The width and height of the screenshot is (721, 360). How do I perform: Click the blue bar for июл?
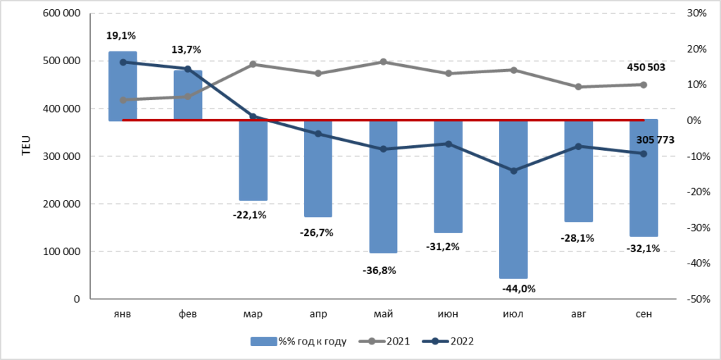[513, 199]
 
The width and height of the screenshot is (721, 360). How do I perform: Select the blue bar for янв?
[123, 86]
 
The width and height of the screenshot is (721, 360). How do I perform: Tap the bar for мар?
[253, 160]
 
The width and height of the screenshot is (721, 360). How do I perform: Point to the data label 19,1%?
[123, 35]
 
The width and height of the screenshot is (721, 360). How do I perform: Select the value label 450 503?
[646, 67]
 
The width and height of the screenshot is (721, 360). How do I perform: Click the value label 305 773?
[656, 139]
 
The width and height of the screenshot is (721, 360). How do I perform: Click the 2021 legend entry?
[385, 341]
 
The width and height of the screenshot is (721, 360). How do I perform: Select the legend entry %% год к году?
[299, 341]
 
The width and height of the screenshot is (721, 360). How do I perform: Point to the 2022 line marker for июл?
[513, 170]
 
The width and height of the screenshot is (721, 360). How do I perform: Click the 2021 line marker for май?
[384, 62]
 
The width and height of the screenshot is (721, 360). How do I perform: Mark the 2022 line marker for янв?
[123, 62]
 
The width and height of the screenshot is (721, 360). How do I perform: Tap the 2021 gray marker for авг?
[579, 87]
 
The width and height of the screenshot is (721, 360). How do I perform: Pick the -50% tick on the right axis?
[696, 299]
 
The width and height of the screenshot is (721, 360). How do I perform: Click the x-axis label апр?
[318, 314]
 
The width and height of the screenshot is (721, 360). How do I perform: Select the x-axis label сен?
[644, 314]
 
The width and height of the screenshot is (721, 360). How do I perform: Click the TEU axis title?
[26, 145]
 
